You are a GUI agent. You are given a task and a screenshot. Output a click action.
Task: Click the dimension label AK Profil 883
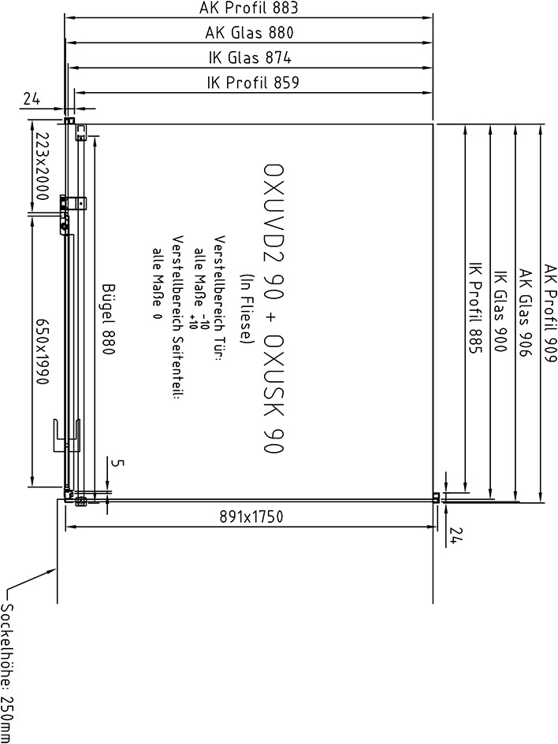click(248, 8)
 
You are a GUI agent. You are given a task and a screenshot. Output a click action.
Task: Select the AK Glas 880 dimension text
click(249, 33)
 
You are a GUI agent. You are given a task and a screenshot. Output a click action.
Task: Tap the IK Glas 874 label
click(250, 58)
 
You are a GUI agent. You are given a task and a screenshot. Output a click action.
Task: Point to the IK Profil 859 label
click(253, 83)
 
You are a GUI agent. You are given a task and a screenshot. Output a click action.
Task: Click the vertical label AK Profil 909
click(550, 313)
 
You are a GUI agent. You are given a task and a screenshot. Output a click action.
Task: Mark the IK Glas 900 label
click(500, 311)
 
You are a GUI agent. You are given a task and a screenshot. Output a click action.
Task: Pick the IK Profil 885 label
click(475, 308)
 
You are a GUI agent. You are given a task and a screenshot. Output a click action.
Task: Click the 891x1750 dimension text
click(251, 516)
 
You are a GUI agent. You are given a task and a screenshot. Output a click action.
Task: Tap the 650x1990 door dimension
click(41, 350)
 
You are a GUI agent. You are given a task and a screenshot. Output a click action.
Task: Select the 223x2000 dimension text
click(41, 166)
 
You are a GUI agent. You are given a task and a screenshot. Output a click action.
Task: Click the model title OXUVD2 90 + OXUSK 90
click(274, 309)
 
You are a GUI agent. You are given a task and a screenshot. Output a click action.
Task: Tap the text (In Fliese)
click(247, 309)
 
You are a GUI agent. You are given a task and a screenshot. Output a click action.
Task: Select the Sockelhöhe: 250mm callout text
click(8, 673)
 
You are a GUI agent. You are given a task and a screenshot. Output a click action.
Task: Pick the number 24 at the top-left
click(32, 98)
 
